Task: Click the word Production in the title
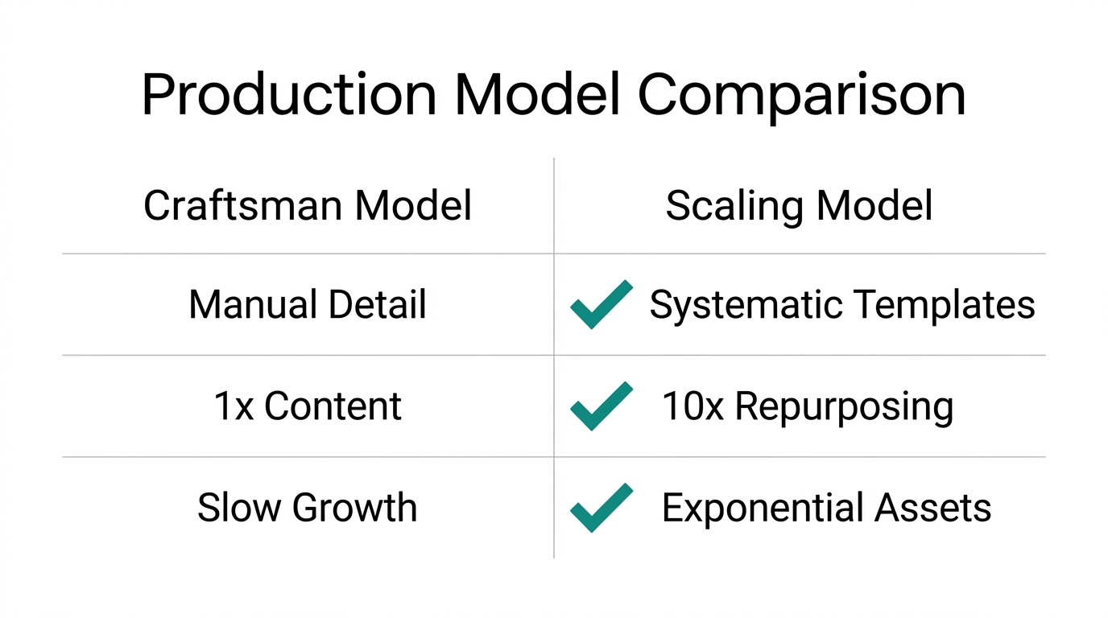pyautogui.click(x=289, y=95)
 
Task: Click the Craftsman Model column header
pyautogui.click(x=308, y=206)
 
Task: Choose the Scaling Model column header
pyautogui.click(x=799, y=206)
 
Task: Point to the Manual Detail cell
pyautogui.click(x=308, y=305)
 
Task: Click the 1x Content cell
pyautogui.click(x=308, y=406)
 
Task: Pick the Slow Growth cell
pyautogui.click(x=308, y=508)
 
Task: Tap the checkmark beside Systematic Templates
pyautogui.click(x=601, y=304)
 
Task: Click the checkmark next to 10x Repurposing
pyautogui.click(x=601, y=406)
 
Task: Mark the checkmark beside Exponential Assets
pyautogui.click(x=601, y=507)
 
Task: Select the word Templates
pyautogui.click(x=945, y=305)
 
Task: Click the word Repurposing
pyautogui.click(x=844, y=406)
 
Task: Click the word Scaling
pyautogui.click(x=734, y=206)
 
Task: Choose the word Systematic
pyautogui.click(x=746, y=305)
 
